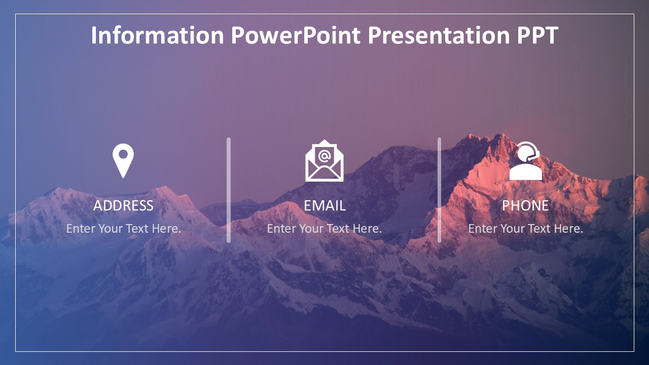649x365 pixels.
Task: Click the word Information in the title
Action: [157, 35]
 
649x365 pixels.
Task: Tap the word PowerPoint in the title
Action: [296, 35]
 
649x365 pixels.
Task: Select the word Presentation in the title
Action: [439, 35]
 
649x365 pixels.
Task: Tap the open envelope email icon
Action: [324, 161]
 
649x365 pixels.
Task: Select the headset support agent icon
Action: [526, 161]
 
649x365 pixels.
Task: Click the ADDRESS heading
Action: [123, 206]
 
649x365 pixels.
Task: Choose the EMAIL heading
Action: [324, 206]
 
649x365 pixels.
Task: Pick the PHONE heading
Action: [525, 206]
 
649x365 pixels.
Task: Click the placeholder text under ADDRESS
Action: [123, 229]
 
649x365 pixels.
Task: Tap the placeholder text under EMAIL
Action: [324, 229]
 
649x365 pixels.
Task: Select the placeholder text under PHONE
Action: [525, 229]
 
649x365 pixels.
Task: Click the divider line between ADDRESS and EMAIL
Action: [229, 190]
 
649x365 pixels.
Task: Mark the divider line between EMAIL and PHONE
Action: [439, 190]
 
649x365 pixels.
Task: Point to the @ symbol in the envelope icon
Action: [324, 156]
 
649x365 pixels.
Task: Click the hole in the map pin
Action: [123, 154]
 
